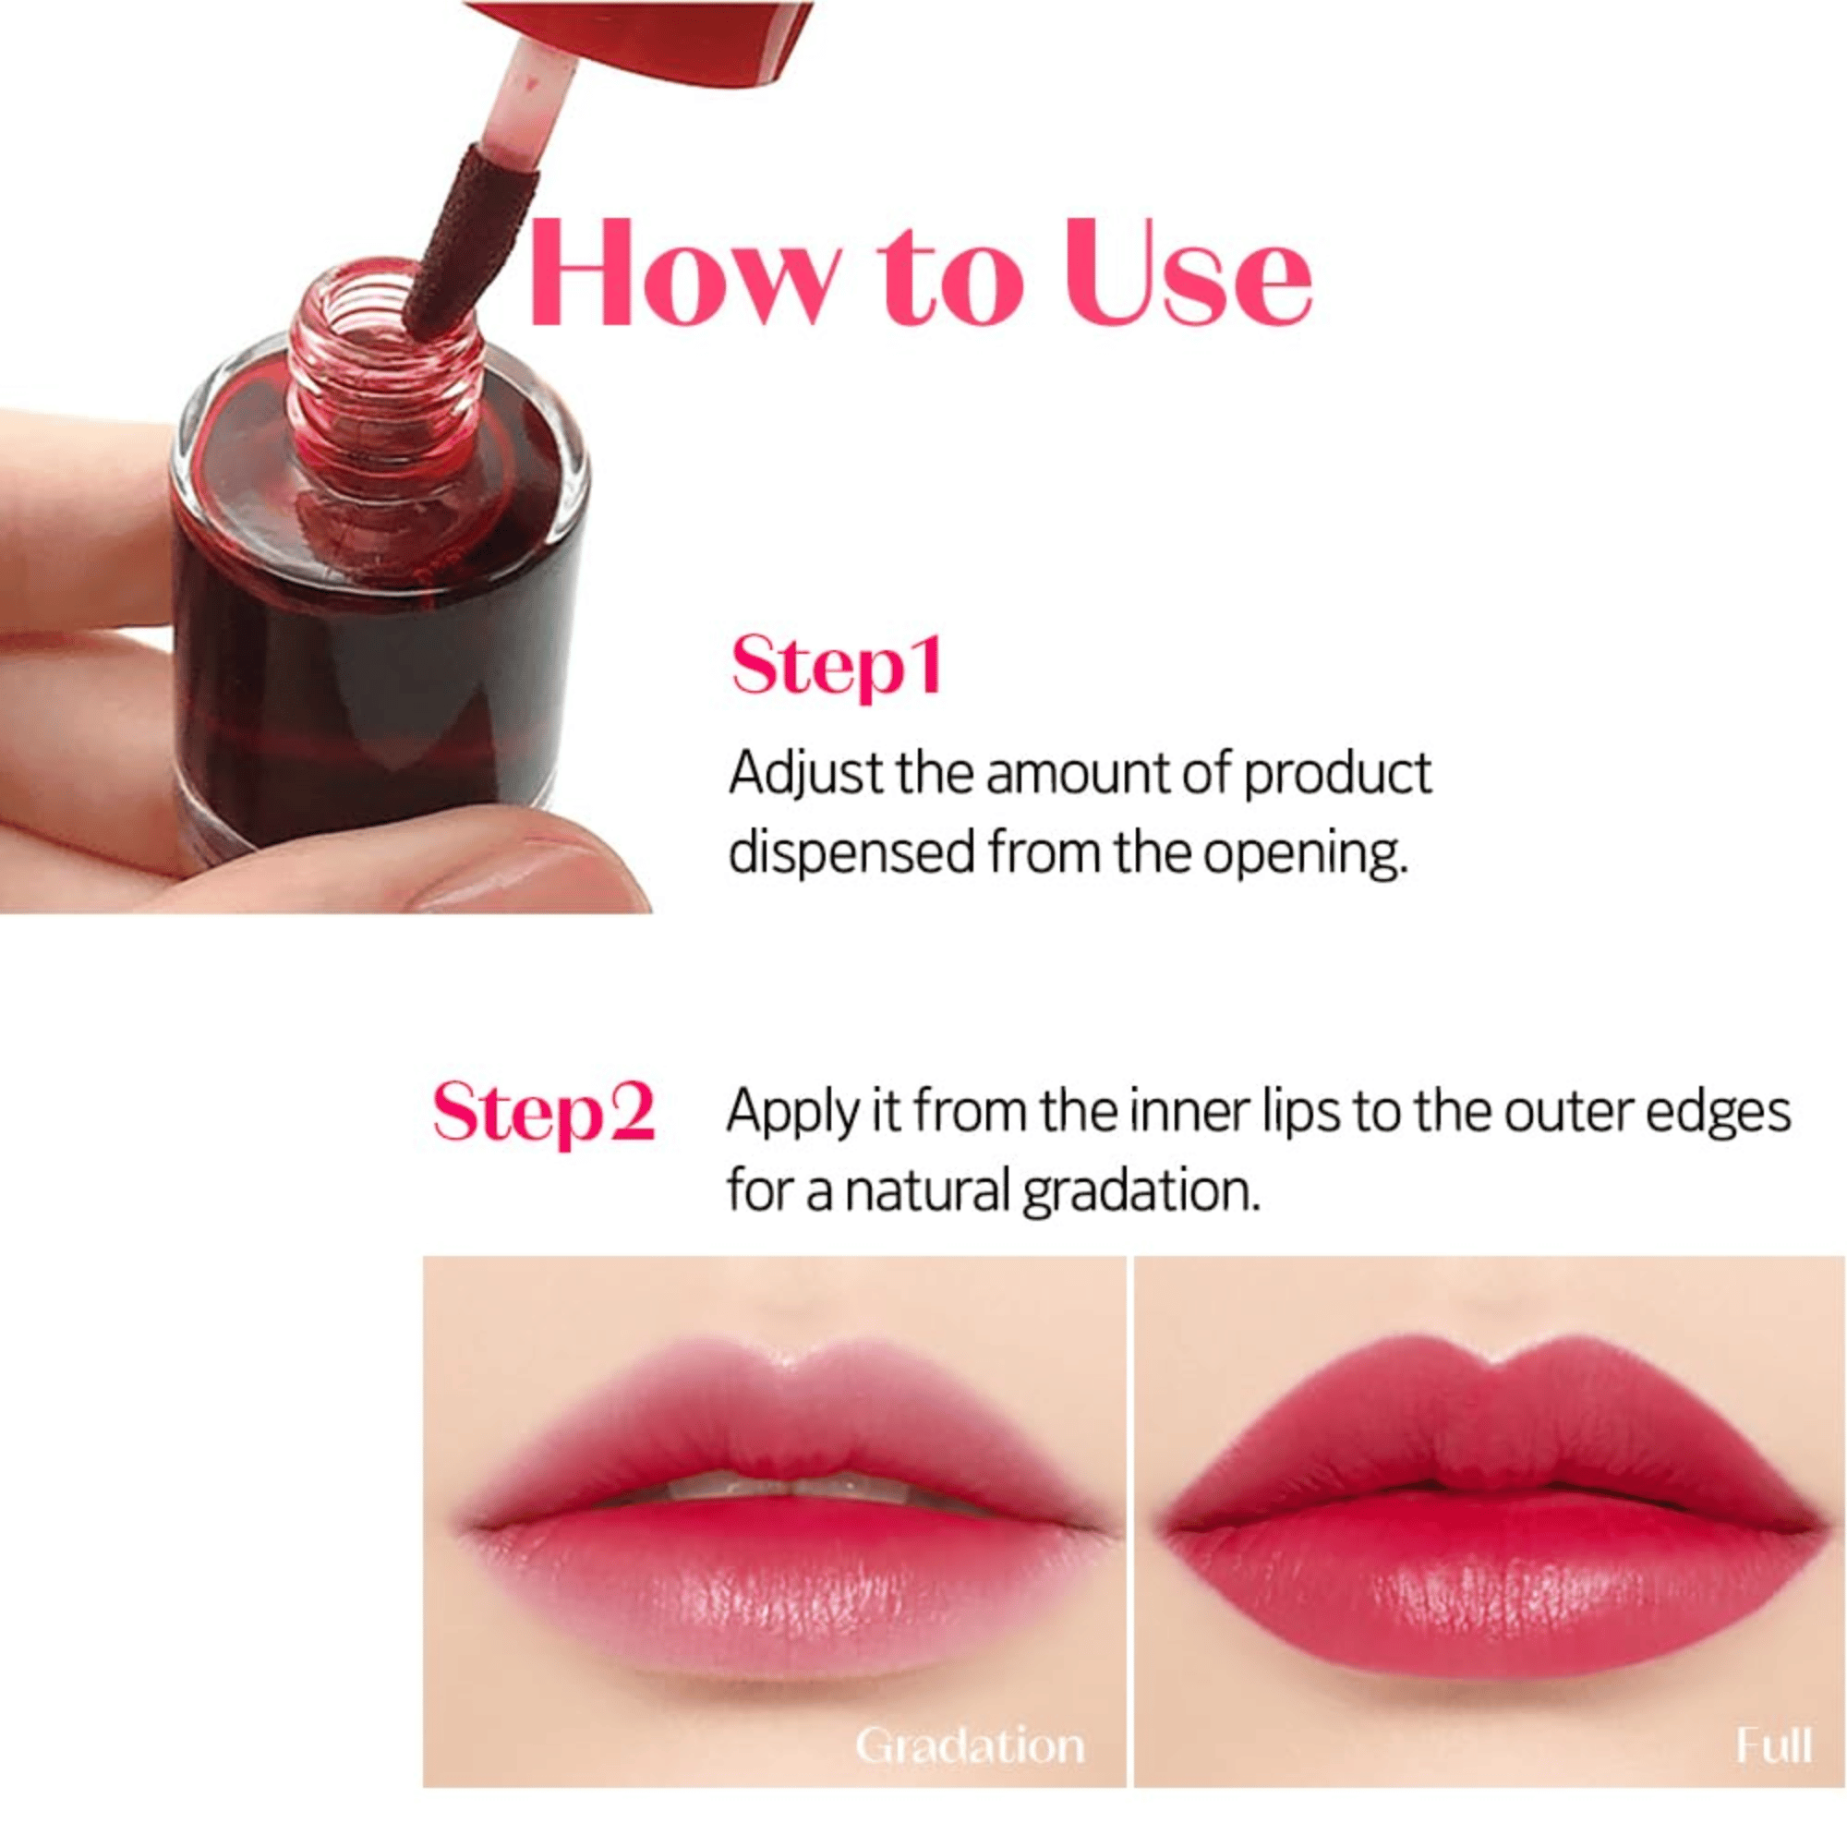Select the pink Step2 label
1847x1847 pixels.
(x=543, y=1112)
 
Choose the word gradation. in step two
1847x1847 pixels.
(x=1140, y=1192)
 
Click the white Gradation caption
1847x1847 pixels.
(x=970, y=1745)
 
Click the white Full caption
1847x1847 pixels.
(x=1773, y=1745)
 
